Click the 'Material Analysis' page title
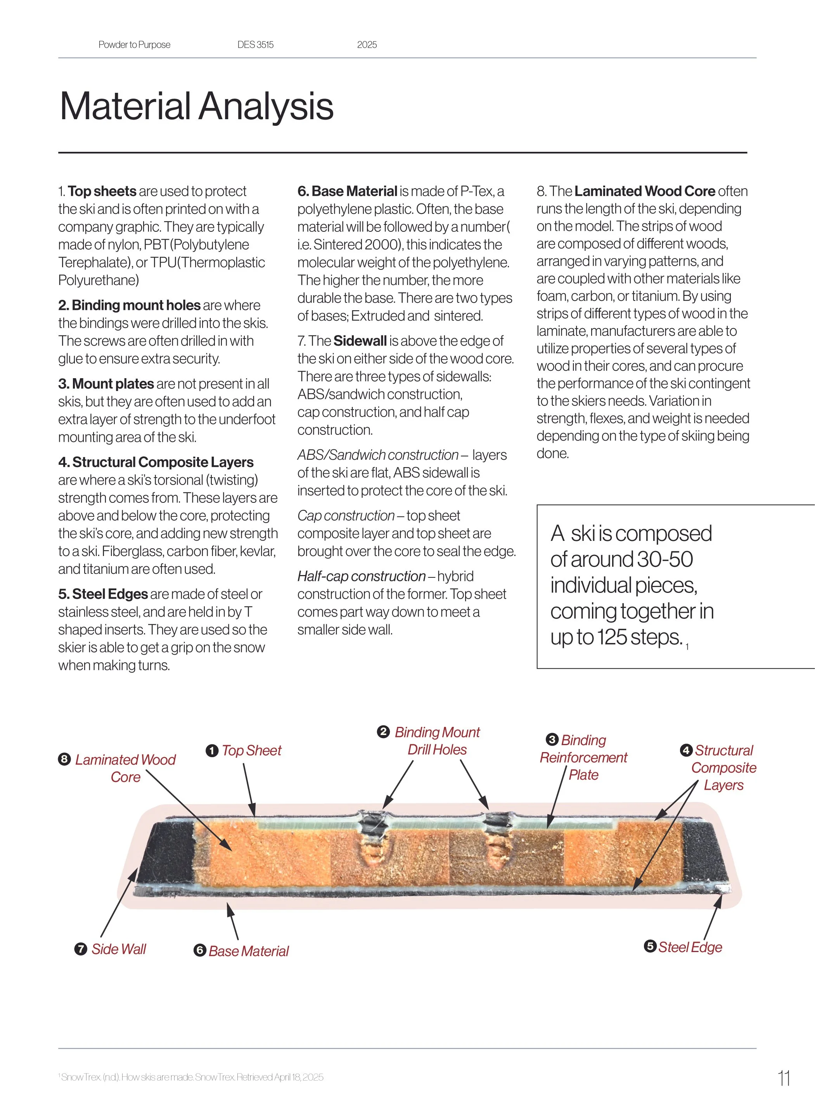pos(196,106)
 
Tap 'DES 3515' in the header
pos(255,44)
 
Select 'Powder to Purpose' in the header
pos(134,44)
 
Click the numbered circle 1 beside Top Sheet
pos(212,751)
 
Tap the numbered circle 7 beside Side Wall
pos(80,949)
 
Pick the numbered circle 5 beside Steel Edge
pos(650,946)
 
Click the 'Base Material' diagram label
pos(249,951)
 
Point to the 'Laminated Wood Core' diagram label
pos(125,768)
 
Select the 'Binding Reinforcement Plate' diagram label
pos(584,758)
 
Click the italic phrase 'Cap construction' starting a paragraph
pos(346,516)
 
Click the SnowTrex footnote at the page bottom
pos(191,1077)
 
